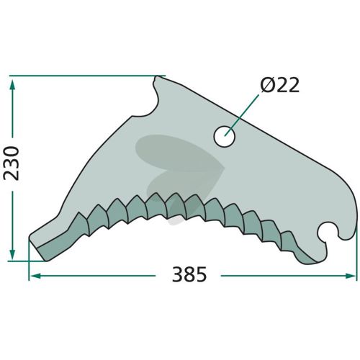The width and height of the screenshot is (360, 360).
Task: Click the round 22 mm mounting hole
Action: [x=225, y=137]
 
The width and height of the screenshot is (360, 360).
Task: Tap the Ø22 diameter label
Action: [x=280, y=85]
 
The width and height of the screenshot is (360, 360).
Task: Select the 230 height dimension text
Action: [x=11, y=163]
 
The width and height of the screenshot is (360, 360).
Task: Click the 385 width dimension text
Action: [x=189, y=274]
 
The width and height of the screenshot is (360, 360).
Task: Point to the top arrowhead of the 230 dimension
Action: [x=12, y=84]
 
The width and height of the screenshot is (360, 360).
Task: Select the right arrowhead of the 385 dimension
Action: [x=351, y=276]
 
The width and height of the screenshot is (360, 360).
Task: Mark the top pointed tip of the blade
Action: [x=157, y=77]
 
